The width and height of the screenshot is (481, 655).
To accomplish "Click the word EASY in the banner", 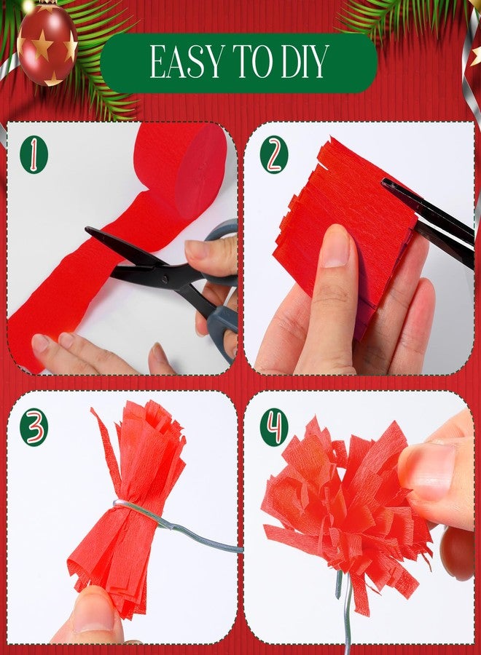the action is click(186, 62).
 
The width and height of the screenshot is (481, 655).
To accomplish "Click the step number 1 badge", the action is click(34, 154).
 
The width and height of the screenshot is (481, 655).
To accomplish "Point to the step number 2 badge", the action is click(274, 154).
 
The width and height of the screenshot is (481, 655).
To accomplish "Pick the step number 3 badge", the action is click(34, 427).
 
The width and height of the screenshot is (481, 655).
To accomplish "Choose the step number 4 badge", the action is click(274, 427).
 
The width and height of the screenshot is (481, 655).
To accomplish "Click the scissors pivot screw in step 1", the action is click(166, 279).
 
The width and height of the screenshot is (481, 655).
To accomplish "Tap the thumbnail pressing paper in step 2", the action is click(335, 247).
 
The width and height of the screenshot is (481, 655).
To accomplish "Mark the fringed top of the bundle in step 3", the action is click(142, 434).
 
